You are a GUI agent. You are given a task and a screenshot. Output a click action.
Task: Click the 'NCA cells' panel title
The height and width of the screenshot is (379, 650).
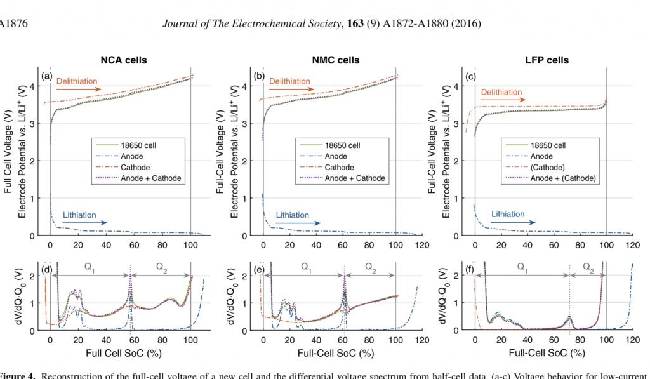pyautogui.click(x=124, y=60)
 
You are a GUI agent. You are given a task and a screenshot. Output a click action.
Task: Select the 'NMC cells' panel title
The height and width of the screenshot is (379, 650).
pyautogui.click(x=336, y=60)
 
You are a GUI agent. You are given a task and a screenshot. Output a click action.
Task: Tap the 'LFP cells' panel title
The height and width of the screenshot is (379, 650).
pyautogui.click(x=547, y=60)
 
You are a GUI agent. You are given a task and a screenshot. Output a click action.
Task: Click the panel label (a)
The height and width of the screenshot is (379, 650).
pyautogui.click(x=46, y=77)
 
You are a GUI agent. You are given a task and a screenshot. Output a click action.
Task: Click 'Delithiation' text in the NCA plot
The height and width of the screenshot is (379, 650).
pyautogui.click(x=77, y=81)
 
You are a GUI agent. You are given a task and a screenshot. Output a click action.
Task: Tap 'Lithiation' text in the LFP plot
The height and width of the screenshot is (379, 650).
pyautogui.click(x=508, y=215)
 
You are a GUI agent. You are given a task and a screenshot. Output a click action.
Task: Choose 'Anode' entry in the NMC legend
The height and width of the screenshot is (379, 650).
pyautogui.click(x=336, y=156)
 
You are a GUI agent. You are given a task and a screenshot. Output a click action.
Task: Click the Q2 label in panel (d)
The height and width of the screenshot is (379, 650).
pyautogui.click(x=160, y=268)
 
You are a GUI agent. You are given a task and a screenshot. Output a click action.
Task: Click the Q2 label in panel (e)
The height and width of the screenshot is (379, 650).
pyautogui.click(x=370, y=268)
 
